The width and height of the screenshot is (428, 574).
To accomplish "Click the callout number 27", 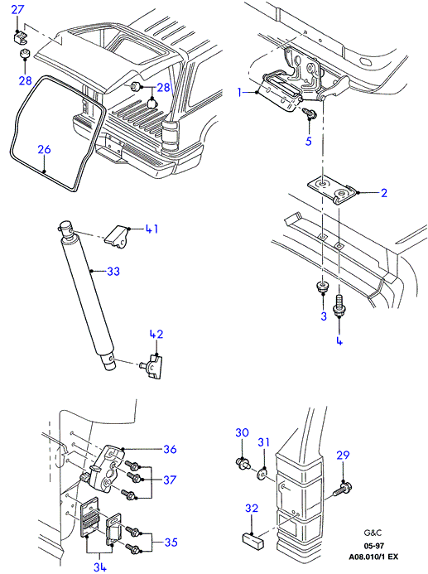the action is tap(17, 9).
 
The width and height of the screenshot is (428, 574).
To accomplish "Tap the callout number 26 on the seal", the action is tap(44, 150).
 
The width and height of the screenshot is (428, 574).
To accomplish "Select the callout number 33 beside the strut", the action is tap(113, 272).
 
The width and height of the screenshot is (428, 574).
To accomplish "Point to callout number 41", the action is tap(151, 229).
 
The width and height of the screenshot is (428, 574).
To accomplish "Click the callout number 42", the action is tap(156, 335).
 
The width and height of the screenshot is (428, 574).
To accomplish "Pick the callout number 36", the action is tap(170, 449).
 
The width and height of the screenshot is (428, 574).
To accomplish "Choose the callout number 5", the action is tap(309, 141).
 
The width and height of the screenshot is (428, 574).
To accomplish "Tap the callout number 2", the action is tap(384, 193).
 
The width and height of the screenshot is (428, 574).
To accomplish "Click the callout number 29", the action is tap(343, 455).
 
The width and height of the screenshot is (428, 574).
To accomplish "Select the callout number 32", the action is tap(252, 508).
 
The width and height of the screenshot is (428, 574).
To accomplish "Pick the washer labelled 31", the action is tap(262, 474).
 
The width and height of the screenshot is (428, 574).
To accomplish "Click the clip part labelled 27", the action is tap(19, 36).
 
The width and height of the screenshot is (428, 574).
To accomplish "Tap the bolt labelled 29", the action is tap(343, 489).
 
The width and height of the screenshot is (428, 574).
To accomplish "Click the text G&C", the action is tap(373, 533).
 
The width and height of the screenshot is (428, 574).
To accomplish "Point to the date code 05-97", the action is tap(374, 546).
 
